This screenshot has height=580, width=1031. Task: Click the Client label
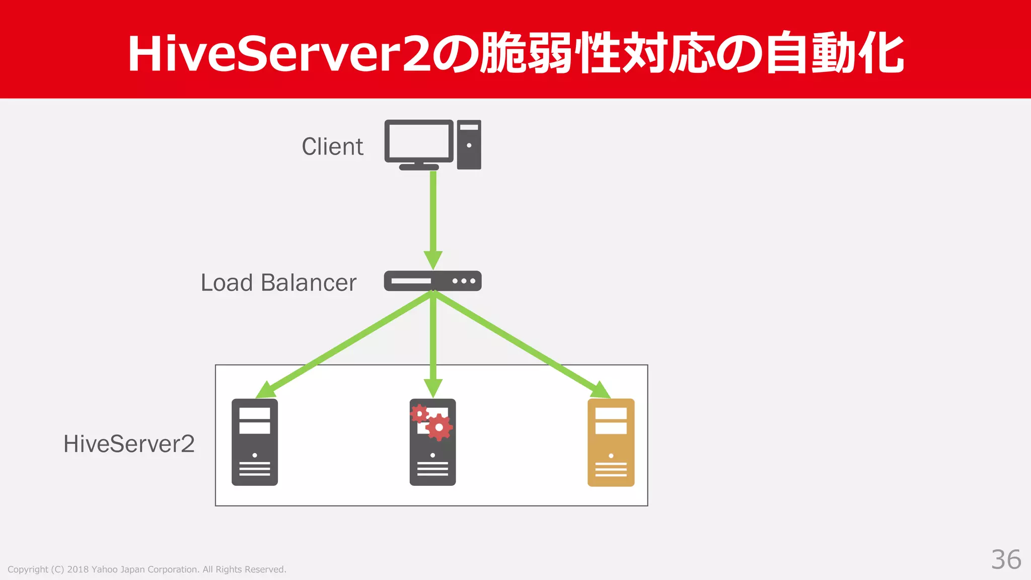point(332,147)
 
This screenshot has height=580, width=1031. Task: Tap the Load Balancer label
point(278,282)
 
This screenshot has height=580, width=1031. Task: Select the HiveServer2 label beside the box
point(129,444)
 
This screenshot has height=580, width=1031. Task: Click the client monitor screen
point(419,141)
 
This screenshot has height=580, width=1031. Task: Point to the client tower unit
point(469,144)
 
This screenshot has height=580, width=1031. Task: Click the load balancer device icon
point(432,281)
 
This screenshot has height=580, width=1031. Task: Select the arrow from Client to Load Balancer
point(433,216)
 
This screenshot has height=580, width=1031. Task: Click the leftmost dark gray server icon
point(255,442)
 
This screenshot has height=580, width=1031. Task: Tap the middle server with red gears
point(432,453)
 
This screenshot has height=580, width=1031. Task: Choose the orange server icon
point(611,442)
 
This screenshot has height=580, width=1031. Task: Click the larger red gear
point(439,427)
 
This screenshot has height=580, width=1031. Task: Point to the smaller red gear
point(419,414)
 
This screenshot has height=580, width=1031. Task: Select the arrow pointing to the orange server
point(524,345)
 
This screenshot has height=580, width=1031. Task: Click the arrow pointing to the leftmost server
point(342,345)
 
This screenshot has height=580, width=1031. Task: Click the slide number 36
point(1006,559)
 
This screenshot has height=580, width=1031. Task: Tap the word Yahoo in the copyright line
point(104,569)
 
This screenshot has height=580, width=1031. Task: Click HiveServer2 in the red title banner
point(279,54)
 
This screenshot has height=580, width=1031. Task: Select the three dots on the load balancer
point(464,281)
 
